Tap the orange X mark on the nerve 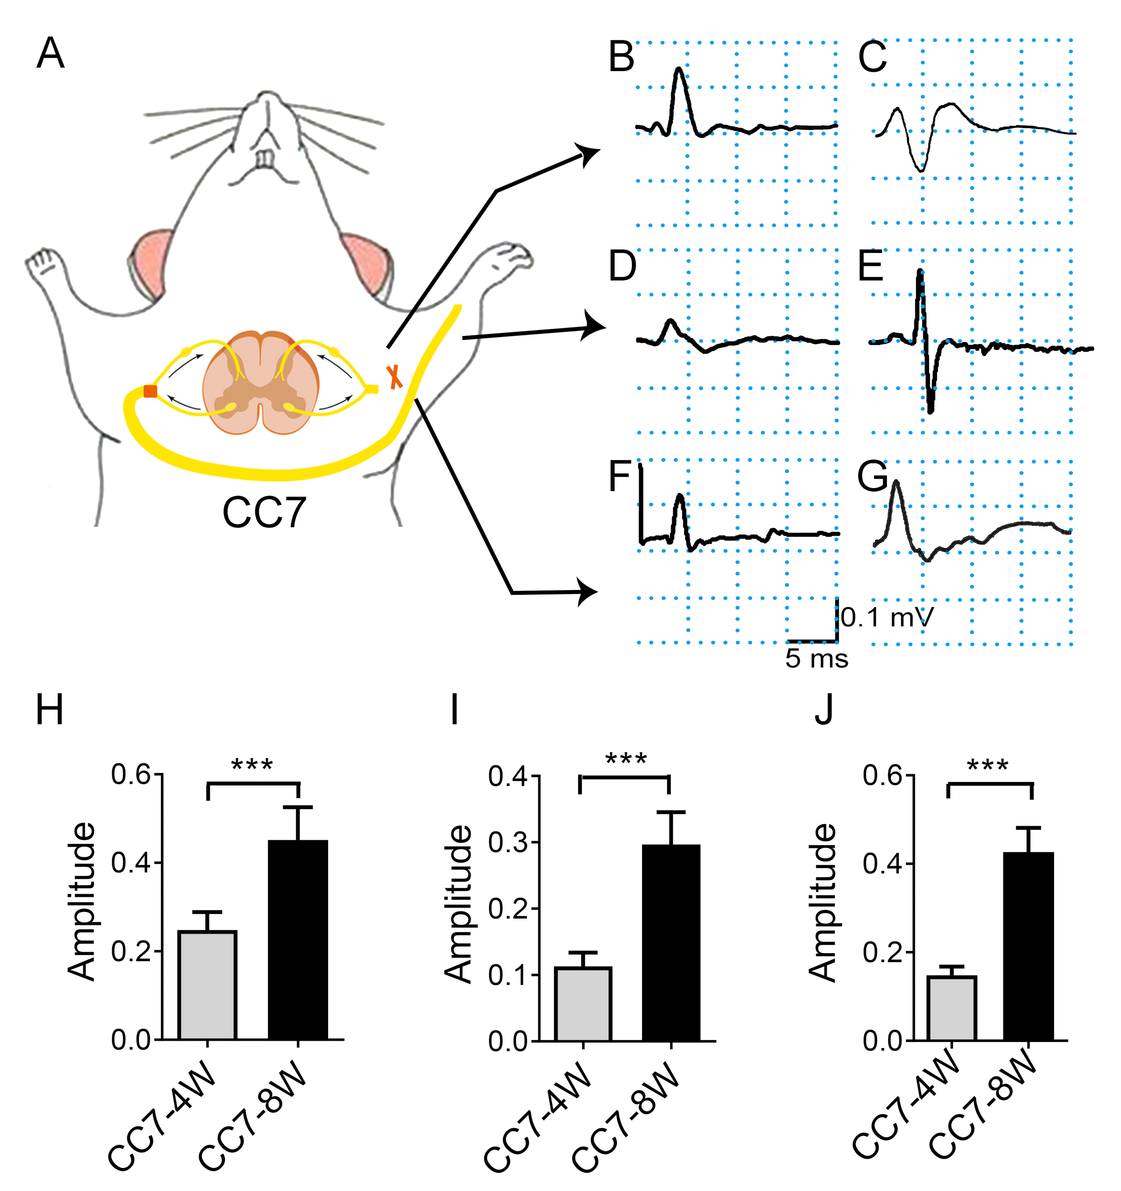coord(394,376)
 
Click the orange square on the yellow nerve coord(150,391)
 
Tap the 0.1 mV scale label coord(887,617)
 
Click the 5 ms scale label coord(817,659)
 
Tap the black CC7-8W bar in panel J coord(1029,946)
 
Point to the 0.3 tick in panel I coord(507,842)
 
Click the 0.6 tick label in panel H coord(130,775)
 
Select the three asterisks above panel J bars coord(988,765)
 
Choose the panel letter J coord(824,710)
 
